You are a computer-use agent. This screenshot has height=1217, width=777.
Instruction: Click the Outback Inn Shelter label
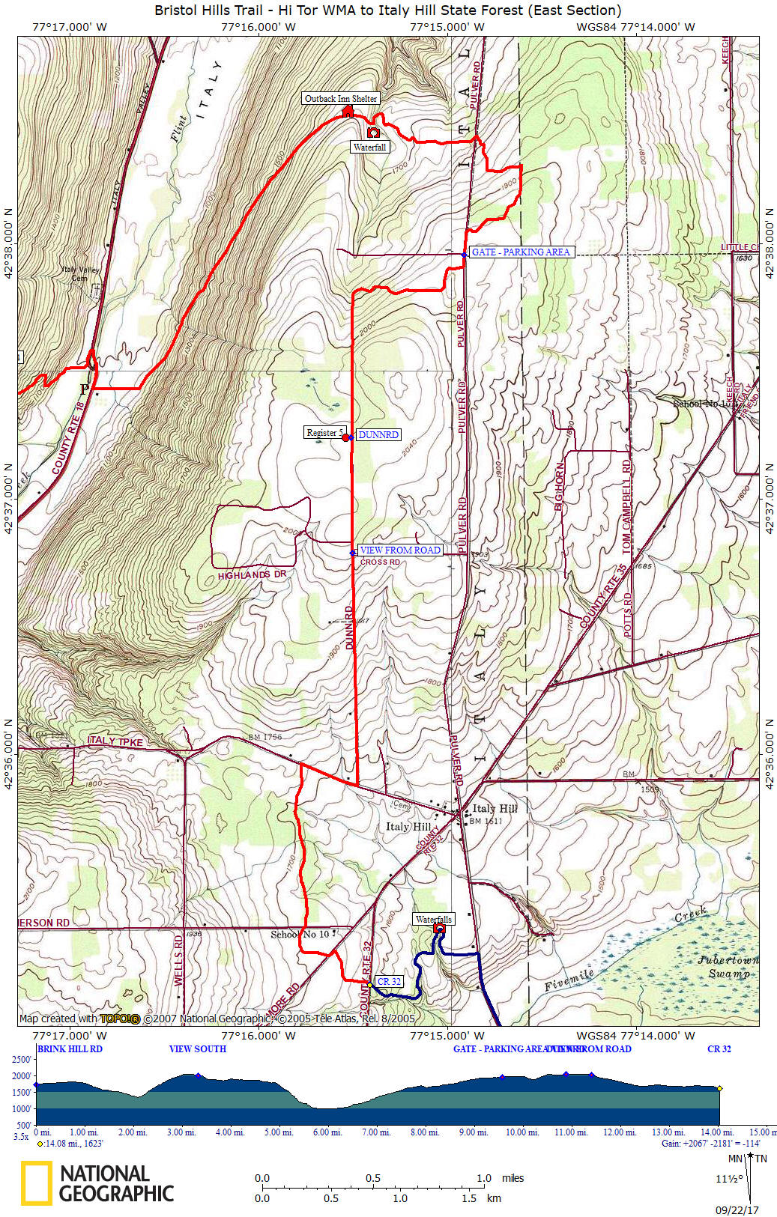tap(341, 99)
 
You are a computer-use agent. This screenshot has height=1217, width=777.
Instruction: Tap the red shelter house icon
tap(348, 112)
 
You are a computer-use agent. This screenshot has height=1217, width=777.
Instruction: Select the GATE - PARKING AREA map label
tap(521, 252)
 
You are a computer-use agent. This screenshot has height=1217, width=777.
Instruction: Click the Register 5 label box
tap(324, 433)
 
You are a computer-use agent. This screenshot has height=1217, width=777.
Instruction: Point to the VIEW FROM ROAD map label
tap(400, 550)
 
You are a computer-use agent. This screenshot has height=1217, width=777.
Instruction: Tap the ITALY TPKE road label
tap(115, 741)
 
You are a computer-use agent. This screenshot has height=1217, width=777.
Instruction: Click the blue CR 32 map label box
tap(389, 982)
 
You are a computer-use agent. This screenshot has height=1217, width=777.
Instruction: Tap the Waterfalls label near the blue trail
tap(433, 920)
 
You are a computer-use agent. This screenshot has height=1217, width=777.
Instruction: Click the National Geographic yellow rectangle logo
tap(36, 1183)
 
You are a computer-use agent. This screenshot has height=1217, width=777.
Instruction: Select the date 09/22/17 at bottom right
tap(737, 1210)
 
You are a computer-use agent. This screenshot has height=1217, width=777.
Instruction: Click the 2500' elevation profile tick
tap(22, 1060)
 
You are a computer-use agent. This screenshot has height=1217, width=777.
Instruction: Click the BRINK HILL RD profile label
tap(70, 1049)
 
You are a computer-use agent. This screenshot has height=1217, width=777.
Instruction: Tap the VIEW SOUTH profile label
tap(197, 1049)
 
